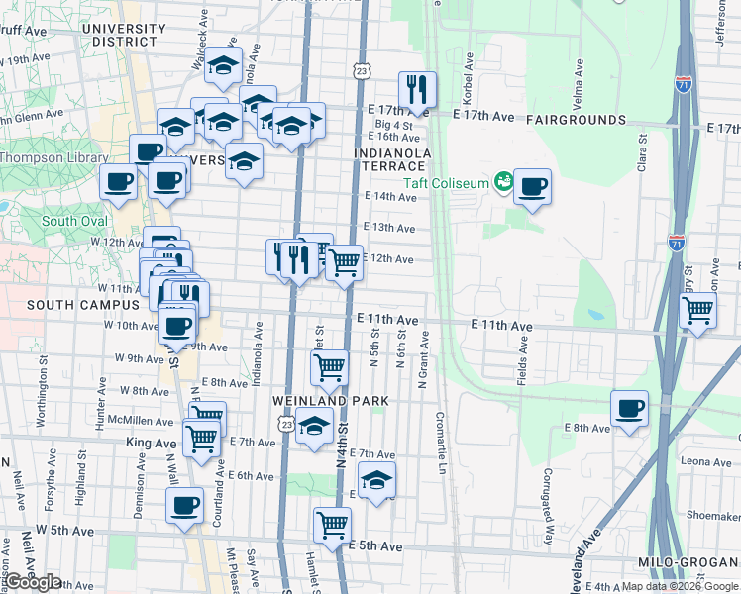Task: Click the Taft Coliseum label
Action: click(x=446, y=182)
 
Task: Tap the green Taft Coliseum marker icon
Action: click(x=504, y=181)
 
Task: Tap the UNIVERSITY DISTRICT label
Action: click(x=124, y=35)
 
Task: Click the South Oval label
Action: click(x=74, y=222)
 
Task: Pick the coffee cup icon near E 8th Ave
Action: click(x=629, y=407)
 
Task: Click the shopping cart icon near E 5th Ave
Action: click(x=332, y=524)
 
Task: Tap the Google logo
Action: click(x=33, y=582)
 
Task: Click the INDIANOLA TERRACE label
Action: click(x=393, y=160)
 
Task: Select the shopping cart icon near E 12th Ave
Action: click(x=344, y=262)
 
